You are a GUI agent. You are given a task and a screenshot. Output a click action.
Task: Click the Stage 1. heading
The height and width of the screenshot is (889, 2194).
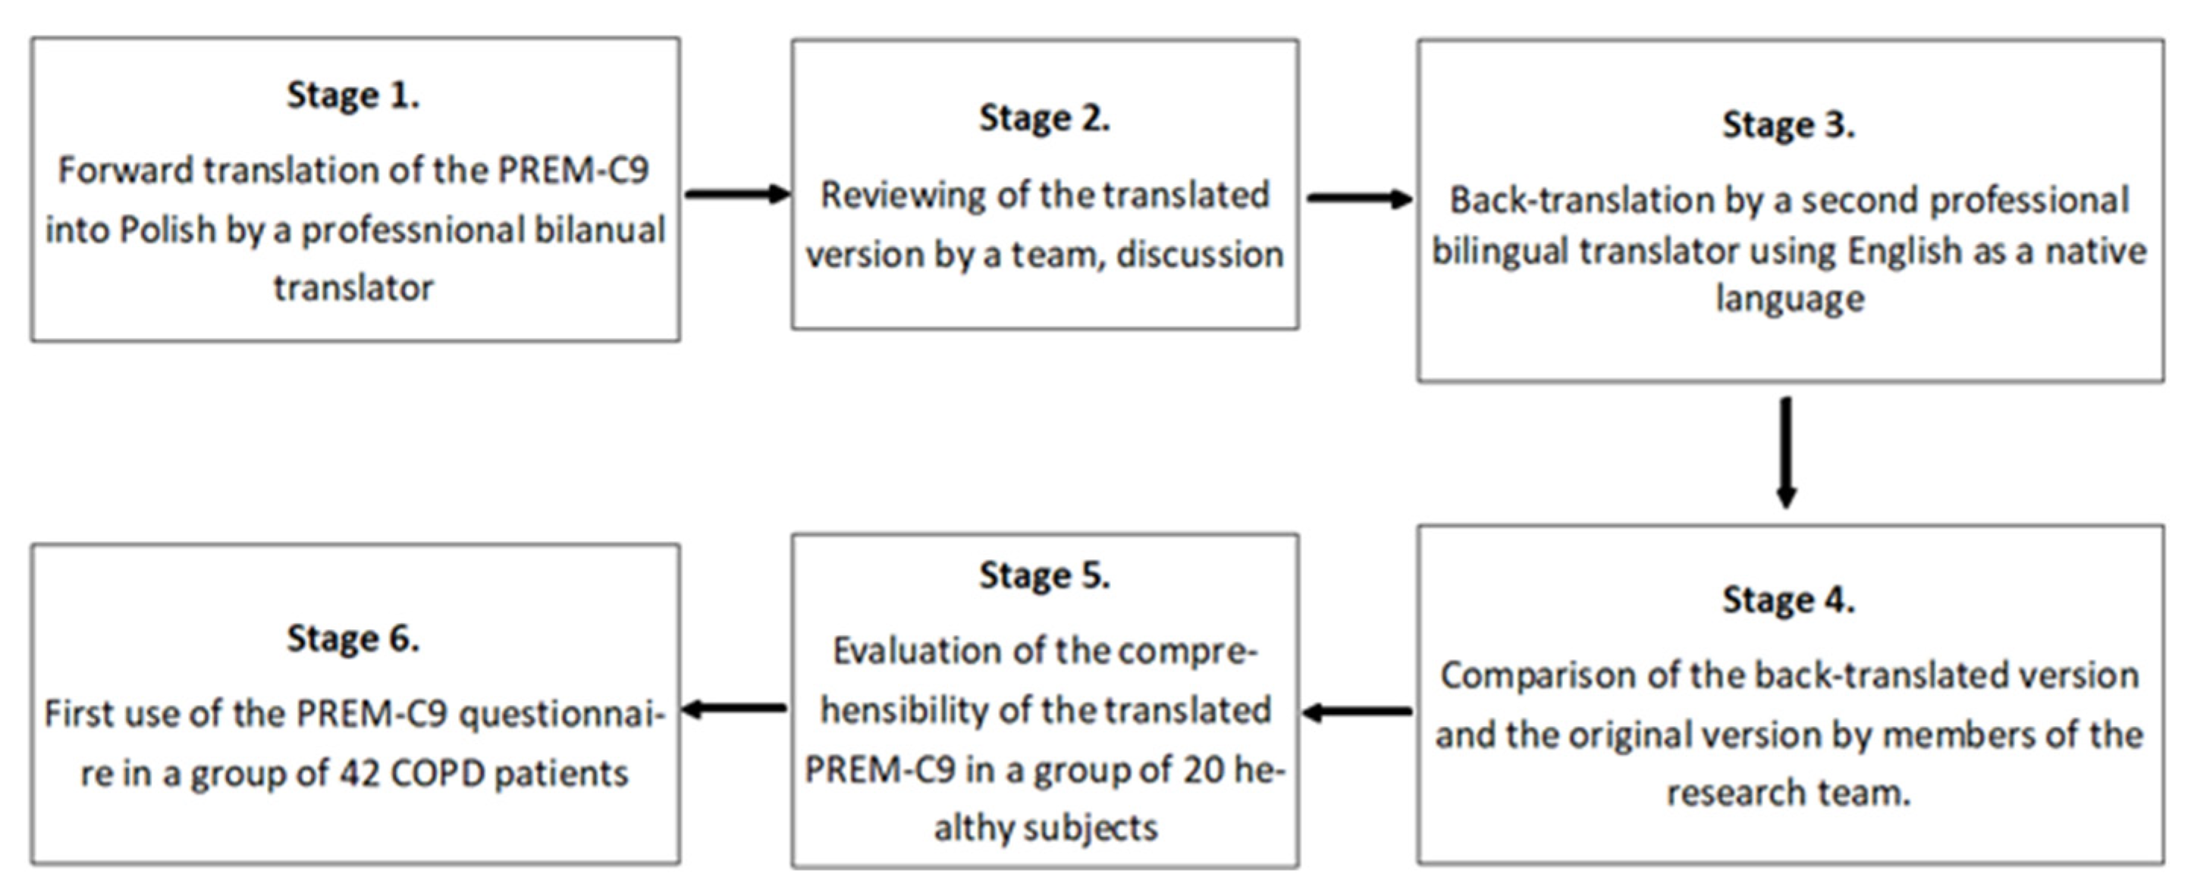353,95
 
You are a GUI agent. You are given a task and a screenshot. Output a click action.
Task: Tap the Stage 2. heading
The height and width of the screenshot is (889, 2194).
1044,118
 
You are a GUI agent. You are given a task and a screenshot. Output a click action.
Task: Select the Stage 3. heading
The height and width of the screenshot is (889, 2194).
1788,125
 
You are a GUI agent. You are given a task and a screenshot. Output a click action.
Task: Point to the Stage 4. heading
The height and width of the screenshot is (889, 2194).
1788,600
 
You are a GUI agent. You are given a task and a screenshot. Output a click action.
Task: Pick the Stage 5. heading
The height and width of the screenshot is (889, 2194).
1044,576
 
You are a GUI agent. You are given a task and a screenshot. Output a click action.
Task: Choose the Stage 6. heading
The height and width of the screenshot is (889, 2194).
353,639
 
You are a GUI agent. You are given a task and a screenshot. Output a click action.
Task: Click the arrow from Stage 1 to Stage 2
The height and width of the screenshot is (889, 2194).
736,194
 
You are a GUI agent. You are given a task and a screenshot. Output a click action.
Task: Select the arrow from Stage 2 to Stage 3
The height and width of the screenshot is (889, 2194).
1358,199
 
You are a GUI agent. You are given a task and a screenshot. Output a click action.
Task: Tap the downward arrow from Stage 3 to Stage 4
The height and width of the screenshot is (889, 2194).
1786,451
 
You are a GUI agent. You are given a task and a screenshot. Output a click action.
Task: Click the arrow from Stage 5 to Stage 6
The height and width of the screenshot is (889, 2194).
735,709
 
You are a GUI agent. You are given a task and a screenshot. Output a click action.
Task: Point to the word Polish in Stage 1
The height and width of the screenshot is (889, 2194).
168,230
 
